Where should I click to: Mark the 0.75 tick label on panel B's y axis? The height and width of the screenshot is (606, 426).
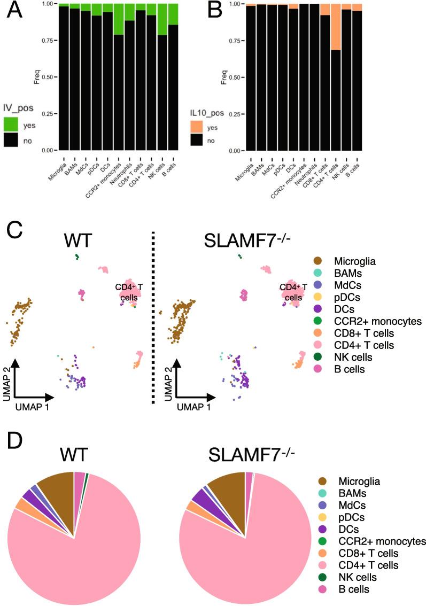(x=234, y=41)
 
